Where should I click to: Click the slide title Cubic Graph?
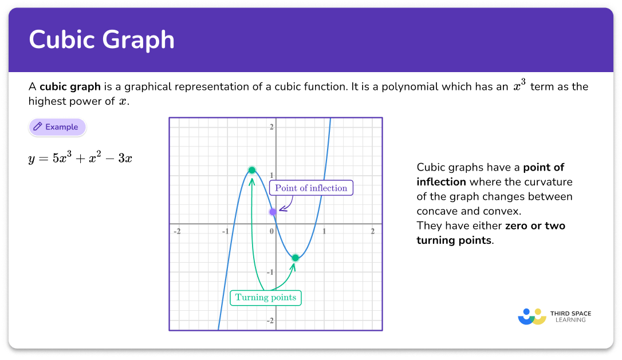[101, 40]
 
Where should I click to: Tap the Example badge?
[57, 127]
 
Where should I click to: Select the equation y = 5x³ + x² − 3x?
[80, 158]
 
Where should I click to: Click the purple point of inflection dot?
[273, 212]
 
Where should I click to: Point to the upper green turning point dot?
[252, 170]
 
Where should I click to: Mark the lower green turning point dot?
[295, 258]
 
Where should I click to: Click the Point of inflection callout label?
[311, 188]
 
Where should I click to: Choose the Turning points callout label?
[266, 298]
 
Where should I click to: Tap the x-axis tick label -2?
[178, 231]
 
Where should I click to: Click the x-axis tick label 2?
[373, 231]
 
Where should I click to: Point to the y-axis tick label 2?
[271, 126]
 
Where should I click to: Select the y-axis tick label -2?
[270, 321]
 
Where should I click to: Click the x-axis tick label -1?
[226, 231]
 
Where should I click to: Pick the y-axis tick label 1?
[271, 175]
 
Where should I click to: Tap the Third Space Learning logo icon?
[532, 317]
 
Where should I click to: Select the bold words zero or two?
[535, 226]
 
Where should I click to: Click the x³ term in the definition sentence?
[520, 86]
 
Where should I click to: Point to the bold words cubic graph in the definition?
[70, 87]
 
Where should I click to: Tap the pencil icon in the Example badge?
[38, 127]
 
